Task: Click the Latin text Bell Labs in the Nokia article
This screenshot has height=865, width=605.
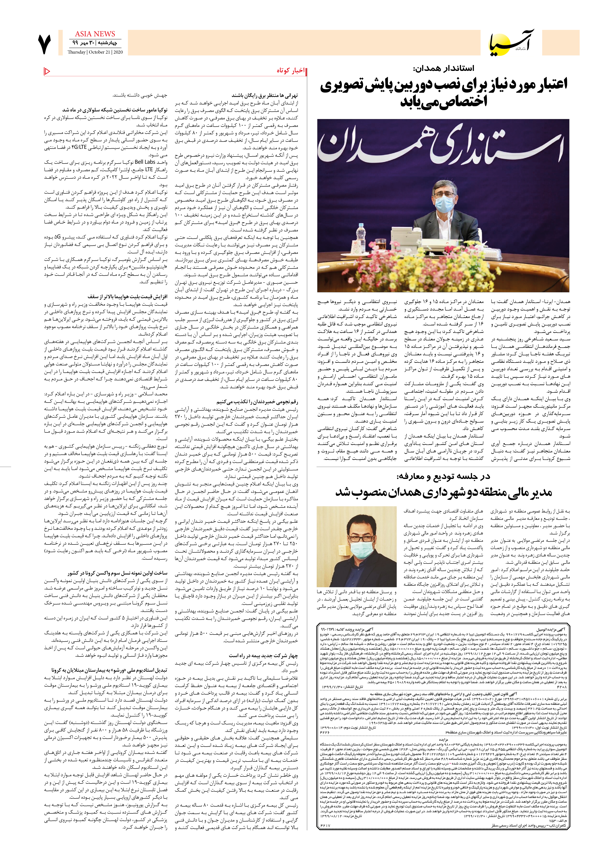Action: [x=145, y=162]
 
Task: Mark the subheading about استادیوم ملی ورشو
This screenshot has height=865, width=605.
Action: [x=109, y=670]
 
